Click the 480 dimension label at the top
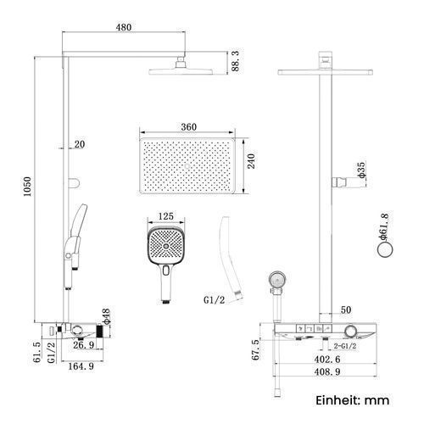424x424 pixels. coord(124,27)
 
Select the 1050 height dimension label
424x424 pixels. coord(27,187)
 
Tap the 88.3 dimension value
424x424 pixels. coord(235,61)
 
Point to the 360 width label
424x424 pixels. coord(188,127)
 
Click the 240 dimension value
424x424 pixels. coord(251,161)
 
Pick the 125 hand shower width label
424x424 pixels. coord(165,216)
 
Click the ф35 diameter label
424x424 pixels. coord(361,170)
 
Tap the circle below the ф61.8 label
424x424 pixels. coord(385,250)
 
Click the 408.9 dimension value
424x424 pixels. coord(327,371)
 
